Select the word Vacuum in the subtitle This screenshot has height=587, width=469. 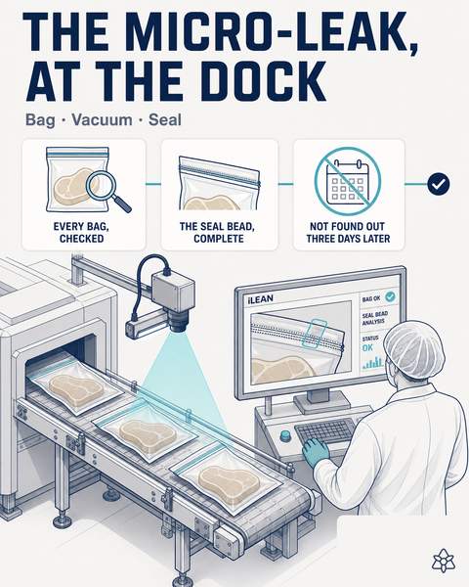102,120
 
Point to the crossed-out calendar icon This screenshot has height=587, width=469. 348,181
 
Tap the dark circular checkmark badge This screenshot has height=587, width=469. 439,184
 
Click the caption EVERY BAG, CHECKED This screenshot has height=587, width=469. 81,233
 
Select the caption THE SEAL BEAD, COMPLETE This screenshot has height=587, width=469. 219,233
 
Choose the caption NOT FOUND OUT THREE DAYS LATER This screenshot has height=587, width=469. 348,233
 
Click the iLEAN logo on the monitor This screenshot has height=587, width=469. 260,299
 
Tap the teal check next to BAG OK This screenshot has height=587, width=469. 390,296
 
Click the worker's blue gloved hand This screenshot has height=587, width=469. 316,451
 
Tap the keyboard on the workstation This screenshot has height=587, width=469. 324,432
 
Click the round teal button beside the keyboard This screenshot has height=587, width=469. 285,434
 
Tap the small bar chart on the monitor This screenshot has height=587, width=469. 373,362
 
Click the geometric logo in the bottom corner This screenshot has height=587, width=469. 444,561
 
